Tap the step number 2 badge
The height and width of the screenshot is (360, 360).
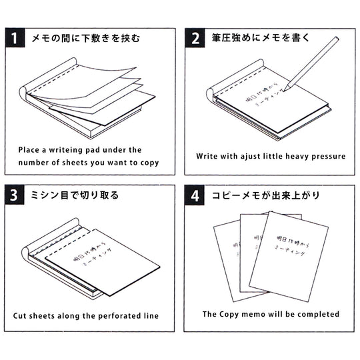[x=195, y=38]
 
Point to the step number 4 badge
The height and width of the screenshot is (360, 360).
[x=195, y=196]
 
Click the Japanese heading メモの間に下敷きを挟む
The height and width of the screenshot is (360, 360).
[x=85, y=38]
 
